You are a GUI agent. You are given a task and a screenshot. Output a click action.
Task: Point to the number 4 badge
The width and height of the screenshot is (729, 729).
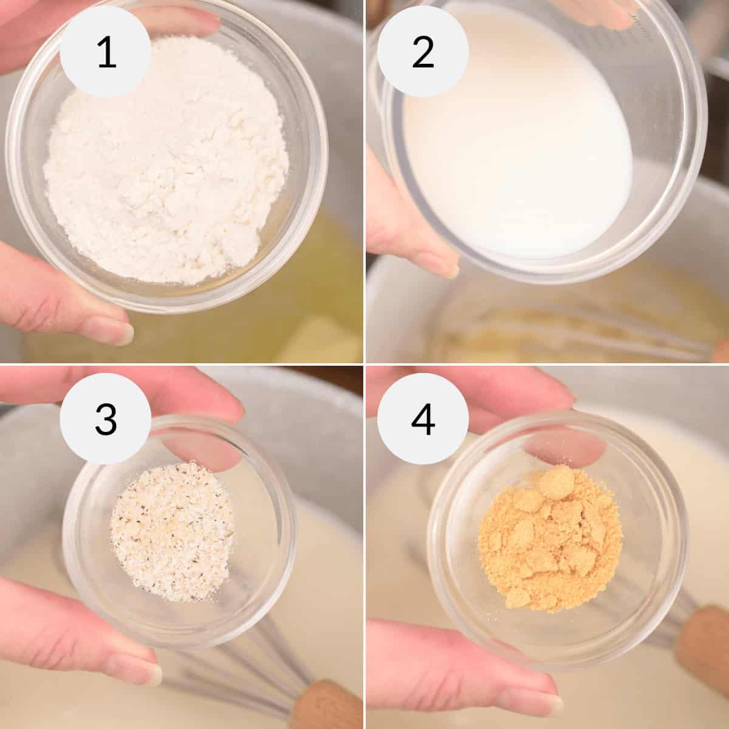coord(423,420)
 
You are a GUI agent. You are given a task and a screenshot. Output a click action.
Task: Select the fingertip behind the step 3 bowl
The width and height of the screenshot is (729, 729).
coord(200,453)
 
